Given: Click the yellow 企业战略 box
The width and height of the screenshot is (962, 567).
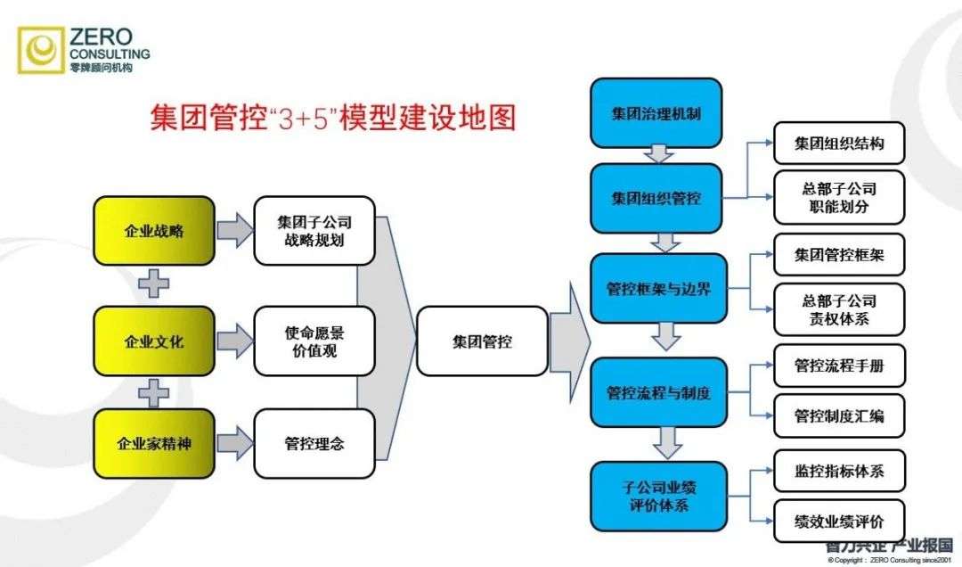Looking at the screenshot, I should point(154,231).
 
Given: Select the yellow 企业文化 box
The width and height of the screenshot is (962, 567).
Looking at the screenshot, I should point(154,341).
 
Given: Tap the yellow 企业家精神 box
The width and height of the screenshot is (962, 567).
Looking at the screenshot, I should point(154,443).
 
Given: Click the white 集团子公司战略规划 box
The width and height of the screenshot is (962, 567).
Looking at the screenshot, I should point(314,231).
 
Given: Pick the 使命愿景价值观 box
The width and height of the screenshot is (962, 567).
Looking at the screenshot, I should point(314,341).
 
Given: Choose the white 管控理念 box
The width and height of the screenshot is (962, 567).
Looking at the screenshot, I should point(314,443).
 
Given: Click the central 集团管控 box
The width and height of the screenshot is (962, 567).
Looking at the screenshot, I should point(481,341).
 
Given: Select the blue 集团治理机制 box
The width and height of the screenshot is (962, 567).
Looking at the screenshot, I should point(656,114).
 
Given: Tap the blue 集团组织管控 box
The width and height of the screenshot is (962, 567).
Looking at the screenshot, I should point(656,198).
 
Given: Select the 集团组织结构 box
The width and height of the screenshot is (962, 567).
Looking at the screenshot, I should point(838,144).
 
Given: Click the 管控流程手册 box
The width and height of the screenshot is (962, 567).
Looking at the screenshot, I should point(838,366).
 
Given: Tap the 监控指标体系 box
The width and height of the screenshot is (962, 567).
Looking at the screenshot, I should point(838,472).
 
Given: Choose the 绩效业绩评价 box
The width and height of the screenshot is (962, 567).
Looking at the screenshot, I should point(838,522).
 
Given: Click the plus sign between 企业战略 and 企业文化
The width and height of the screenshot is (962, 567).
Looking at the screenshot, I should point(154,285).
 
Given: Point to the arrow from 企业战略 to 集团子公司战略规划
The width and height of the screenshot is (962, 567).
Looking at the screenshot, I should point(234,231).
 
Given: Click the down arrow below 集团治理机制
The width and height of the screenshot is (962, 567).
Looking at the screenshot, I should point(659,154).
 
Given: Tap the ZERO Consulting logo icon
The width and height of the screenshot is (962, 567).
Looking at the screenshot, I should point(42,50).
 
